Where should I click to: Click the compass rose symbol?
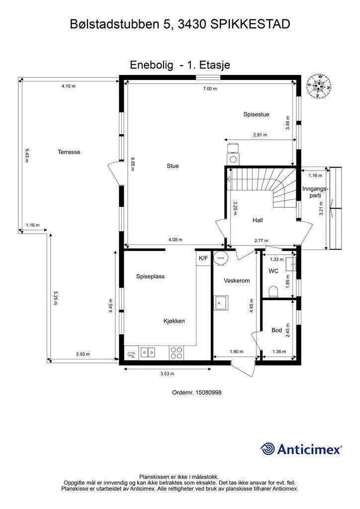tap(319, 87)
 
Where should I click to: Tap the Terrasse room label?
tap(69, 152)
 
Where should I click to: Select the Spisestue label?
tap(256, 114)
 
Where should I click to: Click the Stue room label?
tap(173, 166)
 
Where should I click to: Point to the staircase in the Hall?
tap(261, 187)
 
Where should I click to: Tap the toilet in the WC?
tap(272, 291)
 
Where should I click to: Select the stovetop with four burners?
tap(177, 353)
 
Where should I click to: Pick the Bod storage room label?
tap(276, 330)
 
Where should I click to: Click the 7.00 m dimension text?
tap(210, 88)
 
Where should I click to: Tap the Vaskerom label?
tap(236, 280)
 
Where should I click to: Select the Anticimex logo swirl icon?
tap(268, 449)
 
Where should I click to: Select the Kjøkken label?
tap(174, 321)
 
